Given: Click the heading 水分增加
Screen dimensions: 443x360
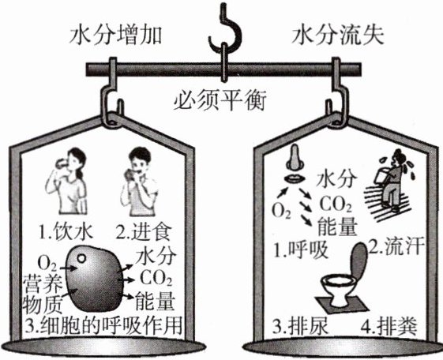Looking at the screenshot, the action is point(116,36).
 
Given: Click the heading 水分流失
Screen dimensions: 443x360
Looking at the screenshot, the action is point(338,36).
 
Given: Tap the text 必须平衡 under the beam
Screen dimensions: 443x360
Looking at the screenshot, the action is point(220,101).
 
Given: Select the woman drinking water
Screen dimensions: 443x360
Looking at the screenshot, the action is point(68,181).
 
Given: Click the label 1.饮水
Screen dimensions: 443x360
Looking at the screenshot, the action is point(66,233).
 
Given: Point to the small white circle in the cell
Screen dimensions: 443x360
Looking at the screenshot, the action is point(81,258).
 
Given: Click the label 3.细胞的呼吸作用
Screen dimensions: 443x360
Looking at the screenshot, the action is point(103,325).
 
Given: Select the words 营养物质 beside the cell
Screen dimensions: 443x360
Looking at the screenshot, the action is point(43,294).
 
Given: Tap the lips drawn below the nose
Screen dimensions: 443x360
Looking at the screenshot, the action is point(295,179).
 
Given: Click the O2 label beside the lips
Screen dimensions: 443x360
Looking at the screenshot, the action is point(281,211).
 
